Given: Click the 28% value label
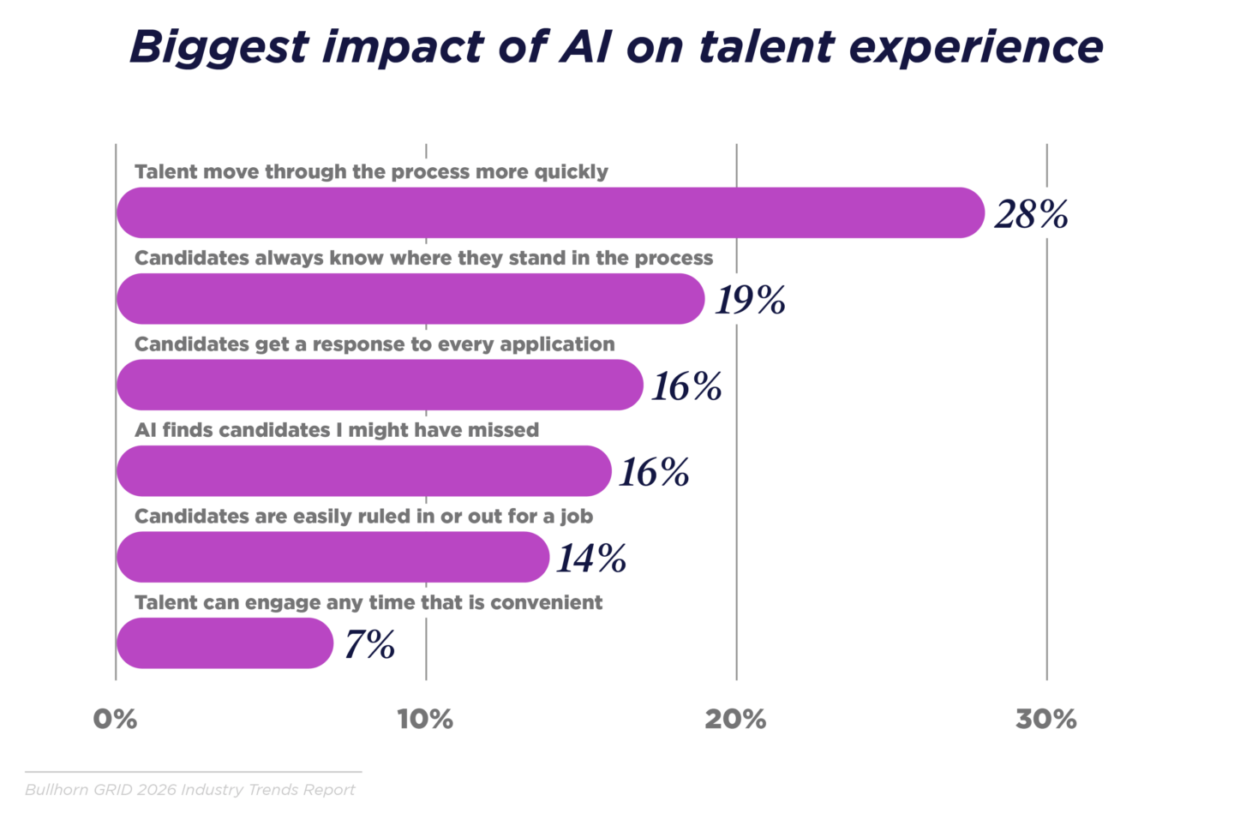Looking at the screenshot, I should pos(1031,214).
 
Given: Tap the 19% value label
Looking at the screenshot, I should pos(750,300).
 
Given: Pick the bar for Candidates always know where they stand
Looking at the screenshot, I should pos(410,299).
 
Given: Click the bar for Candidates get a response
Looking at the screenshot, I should pos(379,385).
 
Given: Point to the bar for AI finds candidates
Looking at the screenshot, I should pos(363,470).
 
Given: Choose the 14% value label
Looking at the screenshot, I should pos(591,559).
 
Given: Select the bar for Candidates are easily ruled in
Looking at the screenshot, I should pos(332,557).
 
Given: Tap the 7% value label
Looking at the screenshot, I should pos(369,644).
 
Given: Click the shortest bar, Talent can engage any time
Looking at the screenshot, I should pos(225,643).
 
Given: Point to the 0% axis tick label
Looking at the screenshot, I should pos(115,720).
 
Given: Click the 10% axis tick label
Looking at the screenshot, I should pos(425,720).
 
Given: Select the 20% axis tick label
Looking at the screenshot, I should pos(735,720).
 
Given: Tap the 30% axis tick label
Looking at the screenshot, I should pos(1045,720).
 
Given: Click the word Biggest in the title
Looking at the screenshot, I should pos(218,48).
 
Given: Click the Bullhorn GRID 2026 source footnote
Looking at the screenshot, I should pos(189,790).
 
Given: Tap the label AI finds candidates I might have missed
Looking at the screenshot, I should pos(337,430).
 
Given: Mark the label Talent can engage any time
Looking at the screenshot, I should pos(368,602).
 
